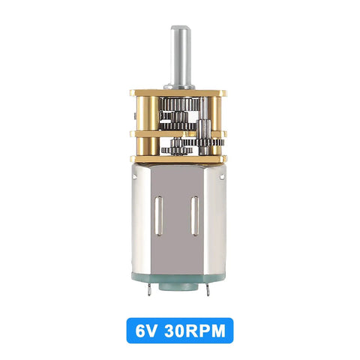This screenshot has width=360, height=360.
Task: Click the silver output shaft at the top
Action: [179, 56]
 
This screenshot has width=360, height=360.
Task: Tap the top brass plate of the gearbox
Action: [178, 93]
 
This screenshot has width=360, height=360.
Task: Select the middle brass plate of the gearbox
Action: [178, 133]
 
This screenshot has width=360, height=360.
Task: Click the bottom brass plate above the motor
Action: [178, 159]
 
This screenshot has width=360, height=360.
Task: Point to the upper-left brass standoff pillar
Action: [148, 113]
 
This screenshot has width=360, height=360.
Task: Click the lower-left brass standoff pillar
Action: [148, 146]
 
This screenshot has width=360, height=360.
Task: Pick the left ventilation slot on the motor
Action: [158, 216]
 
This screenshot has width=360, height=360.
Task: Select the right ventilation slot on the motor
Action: [194, 216]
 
